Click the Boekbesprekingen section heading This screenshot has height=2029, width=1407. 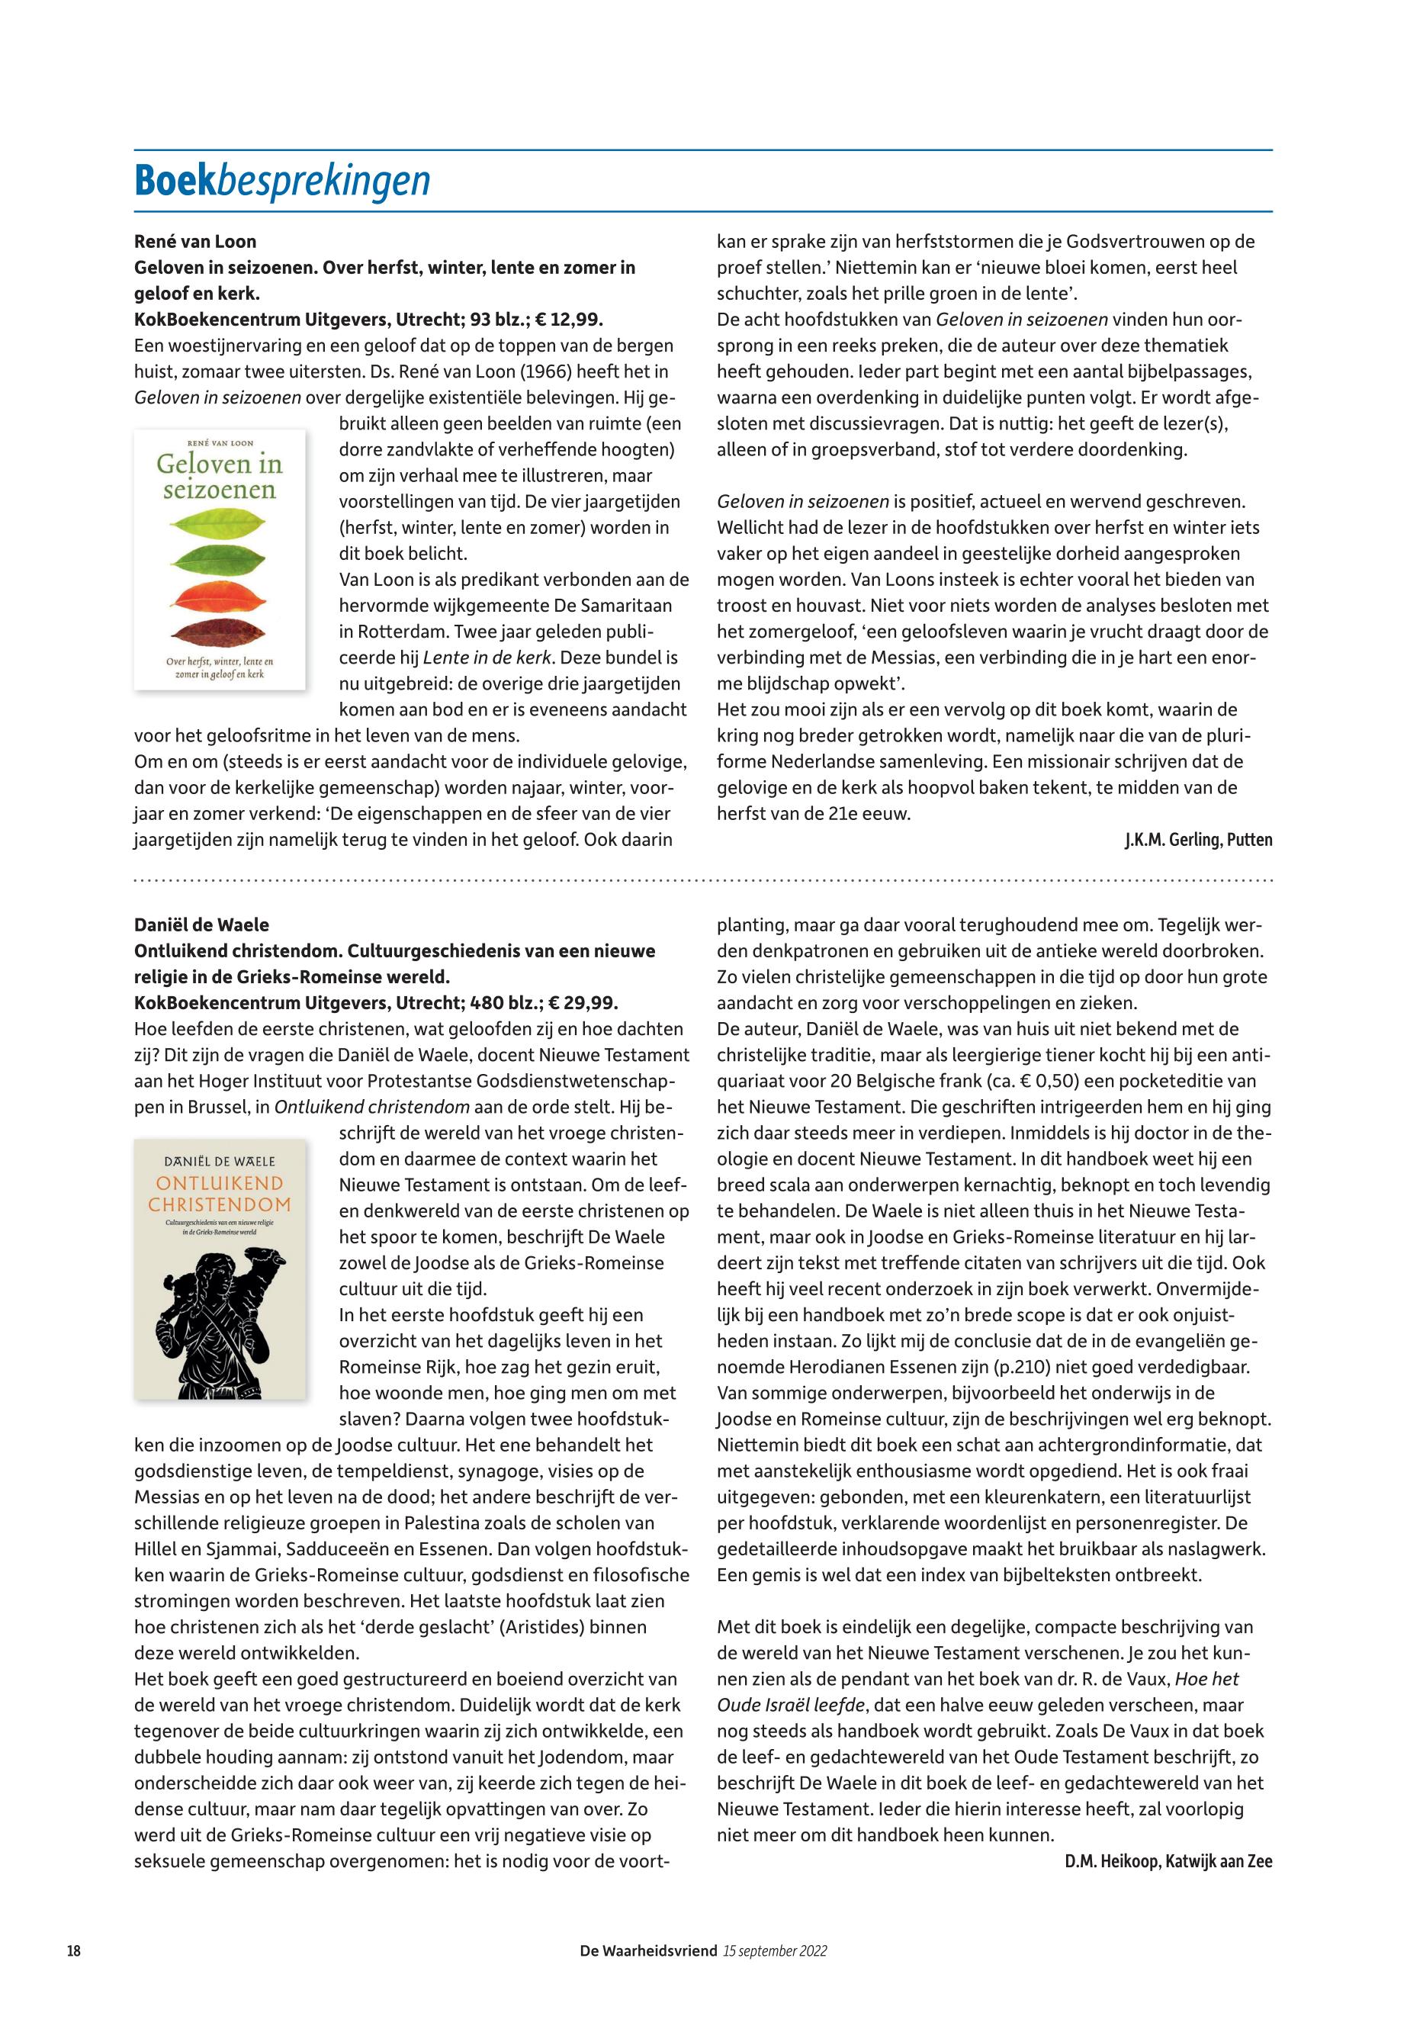[282, 180]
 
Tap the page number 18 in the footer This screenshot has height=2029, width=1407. [74, 1950]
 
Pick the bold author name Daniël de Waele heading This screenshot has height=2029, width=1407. [201, 925]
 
